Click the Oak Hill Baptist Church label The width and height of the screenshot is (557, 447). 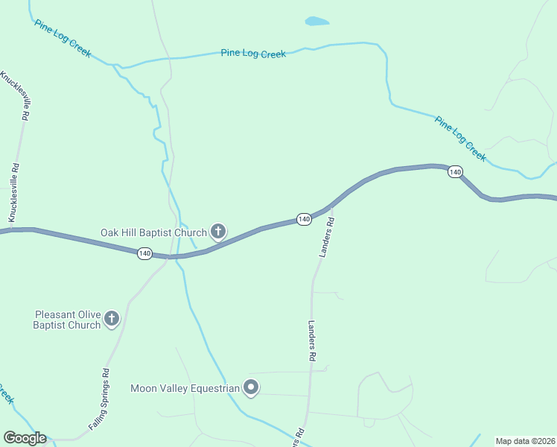coord(153,232)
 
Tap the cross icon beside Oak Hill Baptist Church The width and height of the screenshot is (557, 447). coord(218,232)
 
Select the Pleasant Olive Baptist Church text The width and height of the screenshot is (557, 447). coord(66,320)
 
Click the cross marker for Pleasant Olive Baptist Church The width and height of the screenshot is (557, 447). coord(112,320)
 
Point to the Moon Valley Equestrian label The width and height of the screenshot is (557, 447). coord(185,388)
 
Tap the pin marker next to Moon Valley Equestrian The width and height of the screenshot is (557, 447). coord(251,387)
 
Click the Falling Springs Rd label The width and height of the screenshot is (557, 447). coord(100,399)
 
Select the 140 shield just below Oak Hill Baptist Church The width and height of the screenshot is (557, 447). coord(144,254)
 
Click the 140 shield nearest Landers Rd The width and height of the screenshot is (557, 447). coord(304,219)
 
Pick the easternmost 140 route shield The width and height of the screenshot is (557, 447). coord(455,172)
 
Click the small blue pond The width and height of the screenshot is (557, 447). coord(316,22)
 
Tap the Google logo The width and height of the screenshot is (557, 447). coord(25,438)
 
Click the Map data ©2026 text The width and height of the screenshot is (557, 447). coord(525,441)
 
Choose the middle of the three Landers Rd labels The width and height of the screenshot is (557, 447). coord(311,341)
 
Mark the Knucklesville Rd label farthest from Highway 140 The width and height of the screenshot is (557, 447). coord(16,95)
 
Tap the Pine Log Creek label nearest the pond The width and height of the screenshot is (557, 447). coord(253,54)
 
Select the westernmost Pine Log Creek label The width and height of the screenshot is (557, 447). coord(62,37)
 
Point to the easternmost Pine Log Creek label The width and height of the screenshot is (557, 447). coord(460,139)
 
